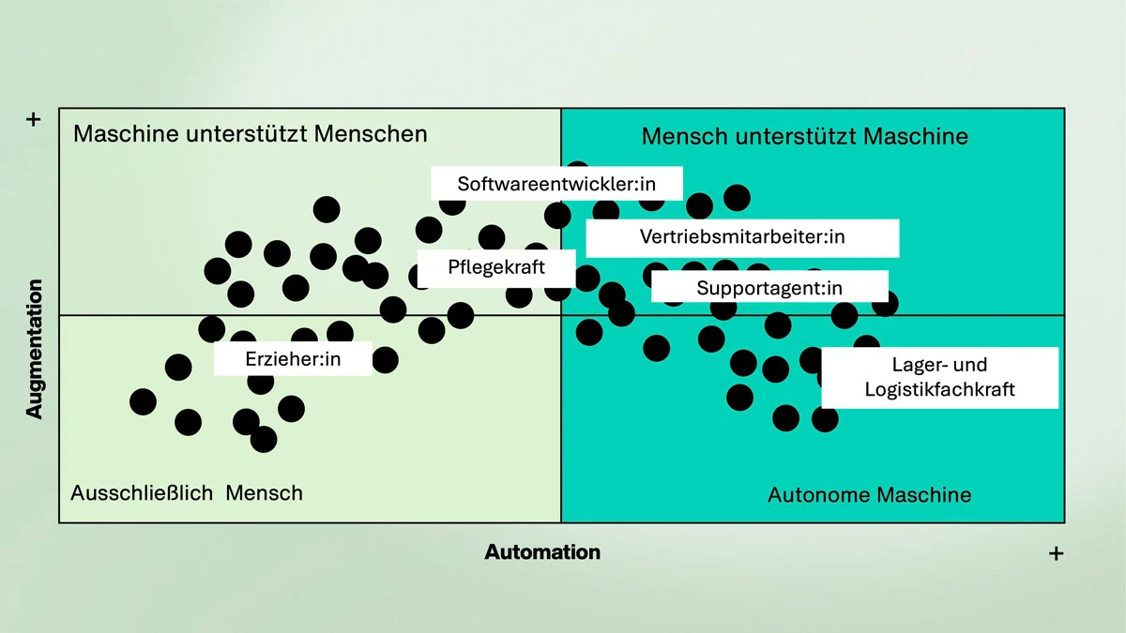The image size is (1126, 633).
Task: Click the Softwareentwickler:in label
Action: point(556,183)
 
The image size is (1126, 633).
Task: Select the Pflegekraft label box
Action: point(495,267)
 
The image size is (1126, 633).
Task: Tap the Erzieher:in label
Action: point(293,358)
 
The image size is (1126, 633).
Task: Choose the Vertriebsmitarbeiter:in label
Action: point(742,237)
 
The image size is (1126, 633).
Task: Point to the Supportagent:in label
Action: point(769,287)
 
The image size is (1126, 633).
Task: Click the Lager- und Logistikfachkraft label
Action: point(939,377)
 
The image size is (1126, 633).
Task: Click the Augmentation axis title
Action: point(35,348)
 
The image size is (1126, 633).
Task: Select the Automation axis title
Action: point(542,551)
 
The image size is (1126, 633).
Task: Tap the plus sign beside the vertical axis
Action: point(35,120)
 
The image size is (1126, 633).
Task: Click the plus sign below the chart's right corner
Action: point(1056,553)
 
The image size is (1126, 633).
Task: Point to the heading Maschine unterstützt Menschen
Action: point(250,133)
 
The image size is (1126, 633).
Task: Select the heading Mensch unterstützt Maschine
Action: point(804,136)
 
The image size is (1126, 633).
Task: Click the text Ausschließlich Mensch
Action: point(187,492)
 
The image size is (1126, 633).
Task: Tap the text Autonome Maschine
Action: point(869,494)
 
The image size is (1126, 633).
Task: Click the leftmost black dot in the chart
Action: point(143,401)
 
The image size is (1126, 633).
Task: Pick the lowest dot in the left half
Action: point(264,438)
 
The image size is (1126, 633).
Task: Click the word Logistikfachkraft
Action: point(939,389)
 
